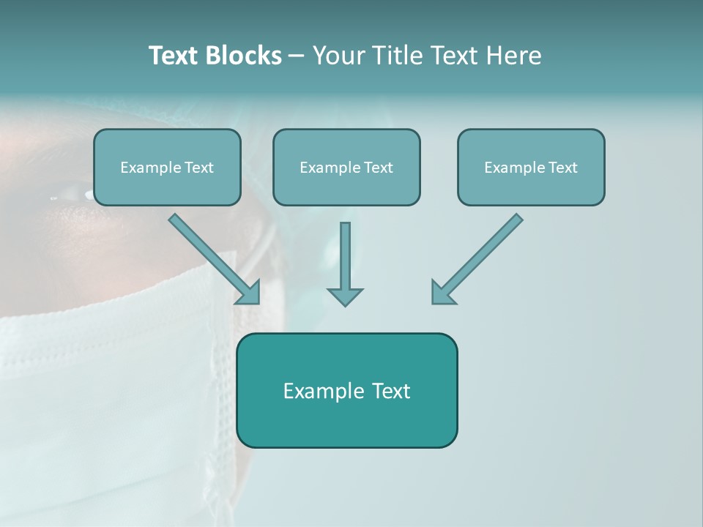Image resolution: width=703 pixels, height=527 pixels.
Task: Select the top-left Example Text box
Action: (x=167, y=168)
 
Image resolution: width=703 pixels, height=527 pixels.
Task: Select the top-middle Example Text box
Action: (x=346, y=168)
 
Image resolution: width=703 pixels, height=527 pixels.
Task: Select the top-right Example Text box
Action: (x=531, y=168)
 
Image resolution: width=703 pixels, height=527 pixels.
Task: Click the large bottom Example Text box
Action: (x=346, y=390)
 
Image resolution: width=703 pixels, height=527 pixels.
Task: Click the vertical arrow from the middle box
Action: (x=345, y=256)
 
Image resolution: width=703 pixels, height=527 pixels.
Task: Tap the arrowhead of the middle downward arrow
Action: (x=345, y=296)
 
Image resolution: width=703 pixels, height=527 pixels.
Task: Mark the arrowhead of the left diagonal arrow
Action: (x=250, y=294)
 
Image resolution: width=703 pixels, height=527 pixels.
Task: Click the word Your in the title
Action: (x=338, y=56)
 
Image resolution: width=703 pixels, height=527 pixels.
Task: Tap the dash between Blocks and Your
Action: (x=297, y=56)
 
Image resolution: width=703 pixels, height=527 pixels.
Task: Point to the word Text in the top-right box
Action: (x=562, y=168)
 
